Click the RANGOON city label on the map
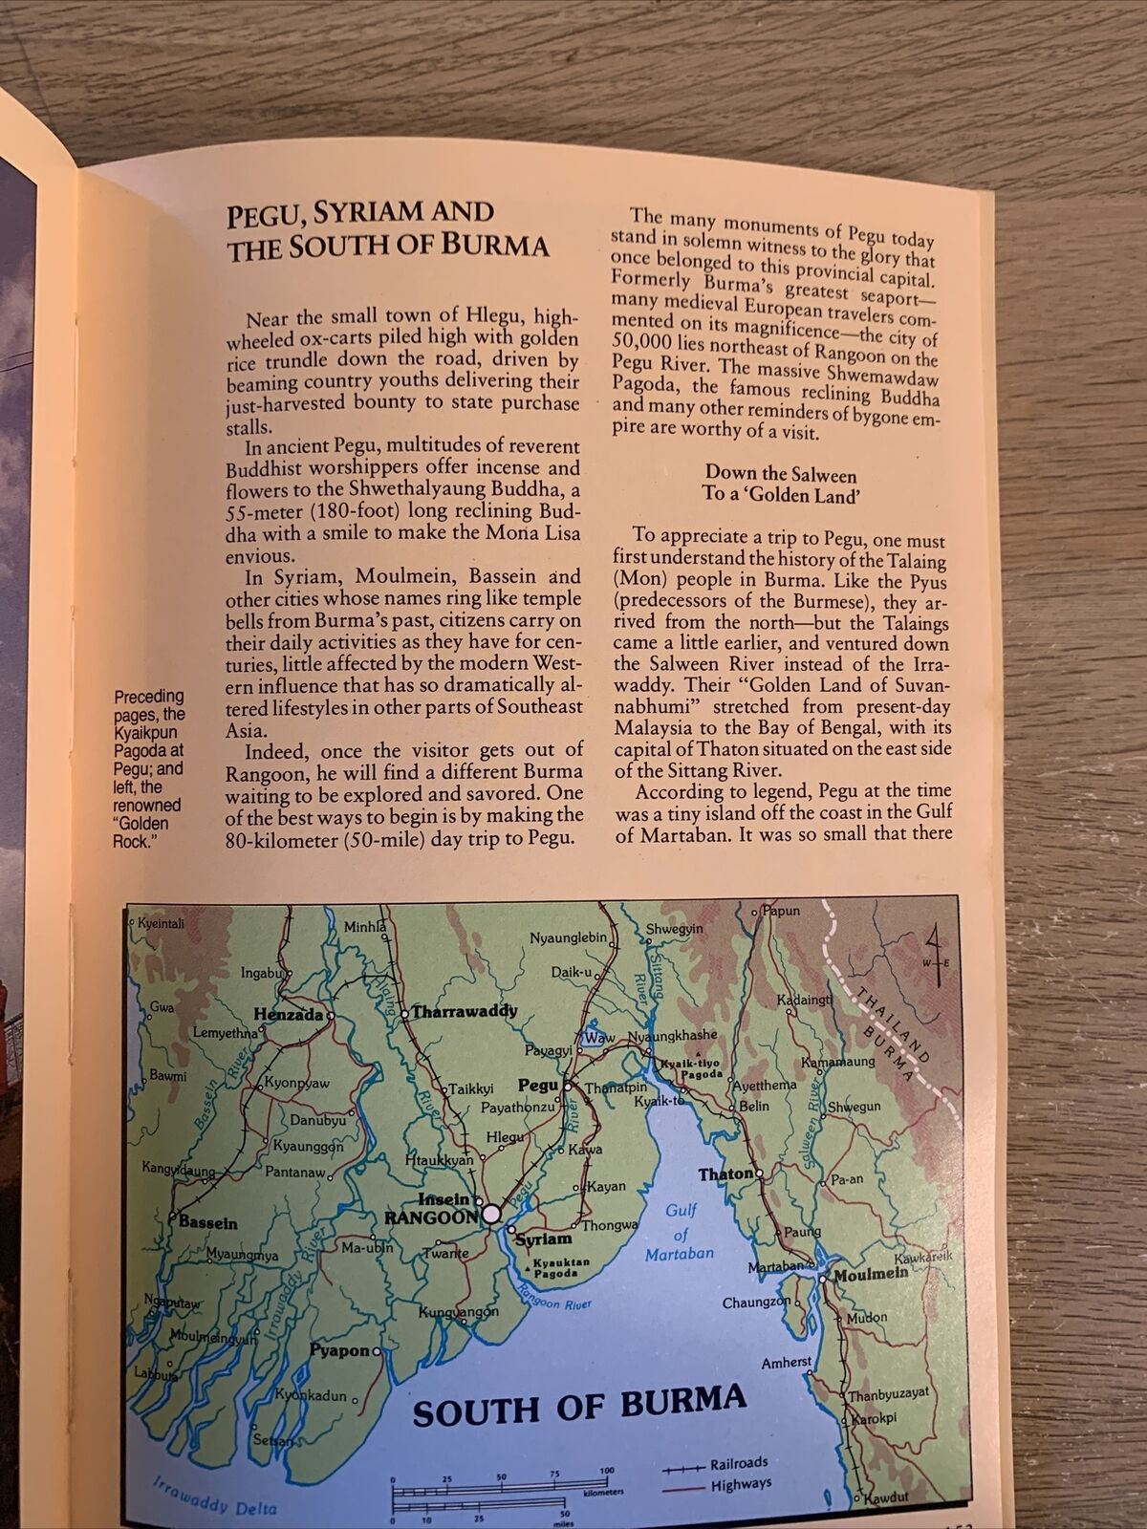point(430,1217)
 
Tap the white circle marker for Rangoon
point(491,1214)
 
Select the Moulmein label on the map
point(870,1275)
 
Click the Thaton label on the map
point(727,1174)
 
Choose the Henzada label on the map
point(289,1016)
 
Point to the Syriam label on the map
point(543,1239)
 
